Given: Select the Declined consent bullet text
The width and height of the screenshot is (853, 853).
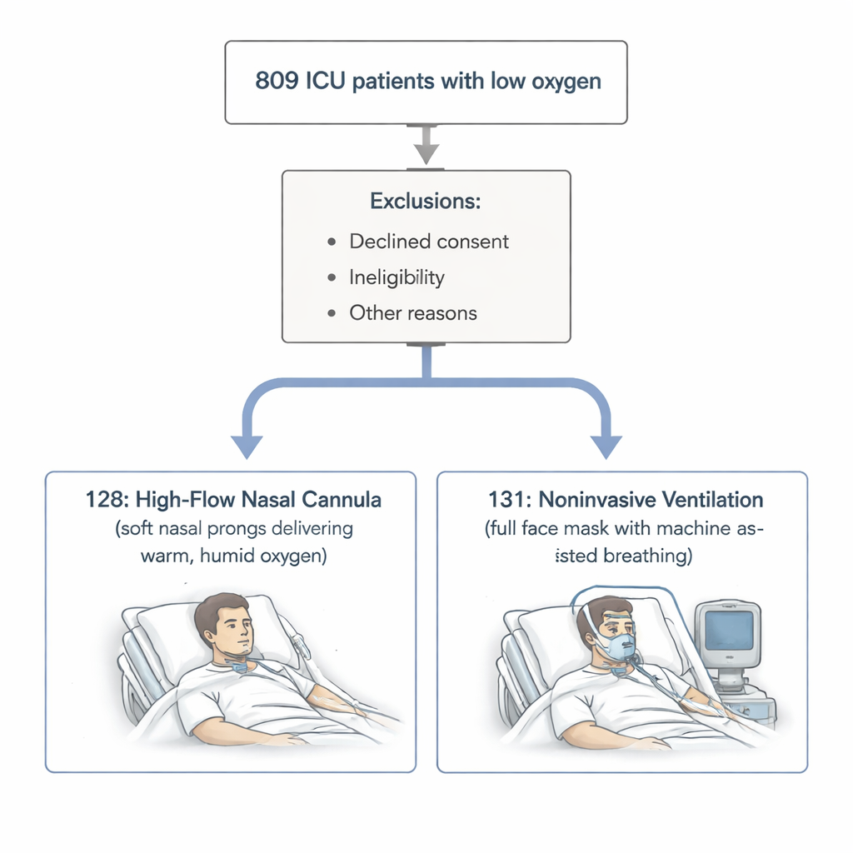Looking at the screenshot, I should pyautogui.click(x=429, y=242).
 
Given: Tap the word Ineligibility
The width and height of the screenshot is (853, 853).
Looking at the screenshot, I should pyautogui.click(x=397, y=277).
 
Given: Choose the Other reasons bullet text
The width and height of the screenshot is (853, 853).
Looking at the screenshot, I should pyautogui.click(x=413, y=313).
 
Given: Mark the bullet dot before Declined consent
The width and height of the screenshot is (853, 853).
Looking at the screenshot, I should pyautogui.click(x=332, y=242).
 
